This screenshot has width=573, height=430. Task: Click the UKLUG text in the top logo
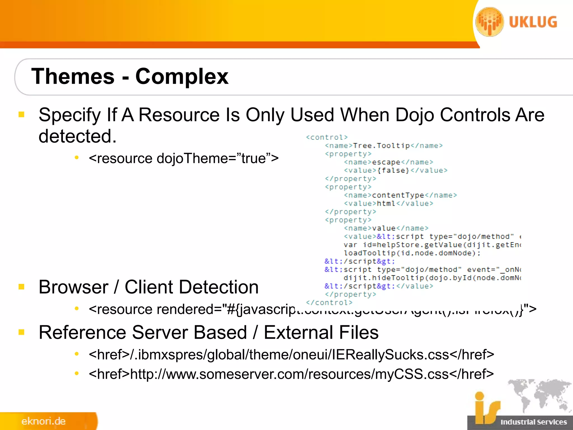(533, 22)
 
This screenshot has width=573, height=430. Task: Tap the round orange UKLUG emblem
(490, 22)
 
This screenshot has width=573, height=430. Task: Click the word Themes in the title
(73, 76)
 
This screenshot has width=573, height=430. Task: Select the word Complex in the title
(182, 76)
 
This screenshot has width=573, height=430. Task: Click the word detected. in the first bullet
(78, 136)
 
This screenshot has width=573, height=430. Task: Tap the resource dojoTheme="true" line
(184, 158)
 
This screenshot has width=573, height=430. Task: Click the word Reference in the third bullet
(82, 333)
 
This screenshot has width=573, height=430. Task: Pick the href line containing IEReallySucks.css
(291, 355)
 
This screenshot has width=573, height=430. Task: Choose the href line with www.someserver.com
(291, 374)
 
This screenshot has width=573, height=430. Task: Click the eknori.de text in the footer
(43, 421)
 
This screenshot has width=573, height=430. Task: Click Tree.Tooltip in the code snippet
(381, 146)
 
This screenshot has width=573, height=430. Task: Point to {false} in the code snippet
(393, 170)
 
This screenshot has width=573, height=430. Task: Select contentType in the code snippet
(398, 195)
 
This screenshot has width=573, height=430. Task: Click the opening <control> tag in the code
(327, 137)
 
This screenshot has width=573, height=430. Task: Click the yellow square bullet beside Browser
(22, 287)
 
